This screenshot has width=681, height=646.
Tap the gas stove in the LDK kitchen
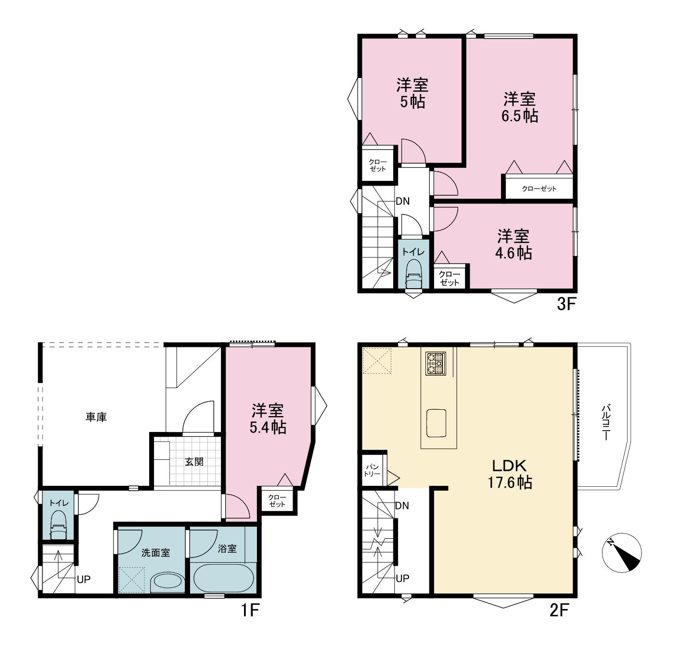(436, 363)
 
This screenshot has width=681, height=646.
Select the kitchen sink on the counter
(436, 423)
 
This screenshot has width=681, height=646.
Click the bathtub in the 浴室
(223, 578)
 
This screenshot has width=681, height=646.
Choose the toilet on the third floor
(413, 273)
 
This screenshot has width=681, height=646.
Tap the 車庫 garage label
(96, 417)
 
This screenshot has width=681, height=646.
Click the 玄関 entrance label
(194, 461)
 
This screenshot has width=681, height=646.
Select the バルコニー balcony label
(606, 422)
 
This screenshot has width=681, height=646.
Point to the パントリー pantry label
(372, 470)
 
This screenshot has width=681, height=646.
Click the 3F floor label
(566, 304)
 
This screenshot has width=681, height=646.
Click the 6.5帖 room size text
(520, 116)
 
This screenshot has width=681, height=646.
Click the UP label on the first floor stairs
(83, 579)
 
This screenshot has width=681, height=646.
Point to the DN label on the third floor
(402, 201)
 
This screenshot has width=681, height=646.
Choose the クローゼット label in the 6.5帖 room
(539, 189)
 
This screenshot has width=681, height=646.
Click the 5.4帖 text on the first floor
(268, 428)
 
